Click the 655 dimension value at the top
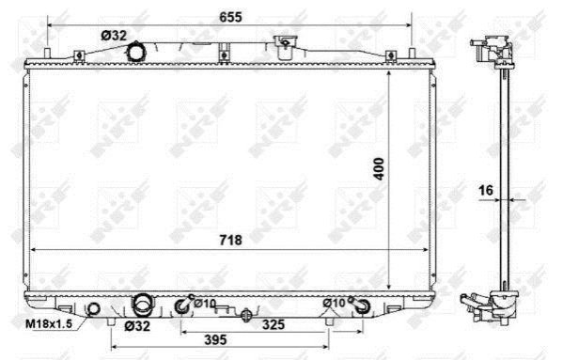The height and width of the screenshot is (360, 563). click(230, 17)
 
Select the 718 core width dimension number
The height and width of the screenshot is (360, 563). click(230, 240)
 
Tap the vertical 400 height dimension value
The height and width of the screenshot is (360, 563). click(379, 168)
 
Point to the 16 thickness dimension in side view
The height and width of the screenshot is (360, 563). click(486, 190)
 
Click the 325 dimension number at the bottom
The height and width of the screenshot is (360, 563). click(274, 324)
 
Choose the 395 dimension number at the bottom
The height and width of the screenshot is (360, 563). click(215, 339)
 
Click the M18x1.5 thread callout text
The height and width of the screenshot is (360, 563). click(49, 323)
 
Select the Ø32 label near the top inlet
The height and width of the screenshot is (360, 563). click(114, 36)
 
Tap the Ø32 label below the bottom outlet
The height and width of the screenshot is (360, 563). click(137, 326)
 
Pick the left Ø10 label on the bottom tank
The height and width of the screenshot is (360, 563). click(205, 304)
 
